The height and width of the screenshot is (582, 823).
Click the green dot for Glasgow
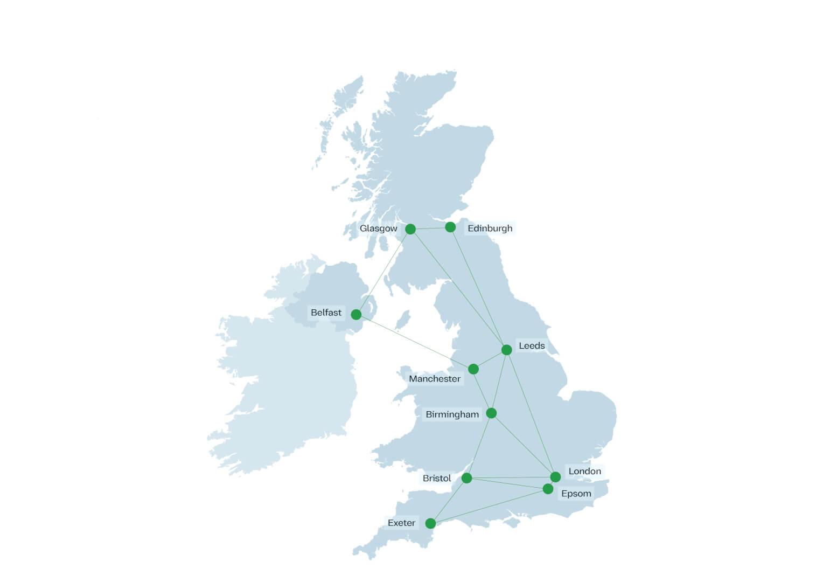(410, 229)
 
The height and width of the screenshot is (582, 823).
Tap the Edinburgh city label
(490, 228)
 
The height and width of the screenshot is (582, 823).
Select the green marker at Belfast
(356, 314)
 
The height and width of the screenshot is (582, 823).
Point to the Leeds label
(532, 346)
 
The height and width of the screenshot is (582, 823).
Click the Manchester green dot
(473, 369)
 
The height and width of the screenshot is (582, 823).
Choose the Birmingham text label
(452, 414)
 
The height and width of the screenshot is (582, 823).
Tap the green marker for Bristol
(467, 478)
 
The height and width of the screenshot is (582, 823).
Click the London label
(584, 472)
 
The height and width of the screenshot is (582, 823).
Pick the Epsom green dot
(548, 489)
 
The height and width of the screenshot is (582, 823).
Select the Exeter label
(401, 523)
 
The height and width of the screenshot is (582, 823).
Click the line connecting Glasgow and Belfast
(383, 272)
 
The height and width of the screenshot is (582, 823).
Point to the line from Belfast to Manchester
(415, 342)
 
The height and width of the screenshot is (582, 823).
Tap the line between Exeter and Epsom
(489, 506)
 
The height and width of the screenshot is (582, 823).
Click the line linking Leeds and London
(531, 414)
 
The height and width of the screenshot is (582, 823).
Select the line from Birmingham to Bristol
(479, 445)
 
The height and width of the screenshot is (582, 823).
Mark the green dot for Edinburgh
(450, 227)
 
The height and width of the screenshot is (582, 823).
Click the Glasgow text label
(378, 228)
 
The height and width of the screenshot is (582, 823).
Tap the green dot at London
(555, 477)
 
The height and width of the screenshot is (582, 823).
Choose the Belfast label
(326, 313)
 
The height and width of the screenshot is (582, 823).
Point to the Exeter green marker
(430, 523)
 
